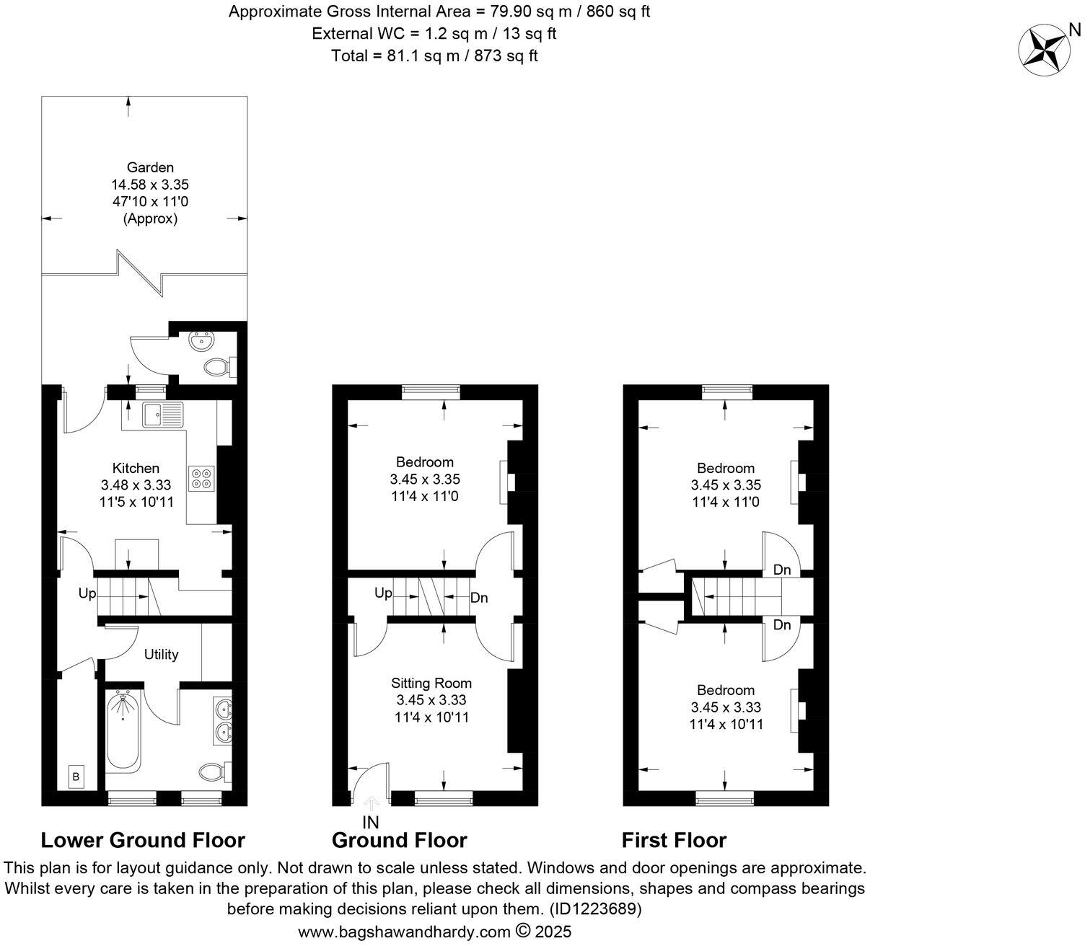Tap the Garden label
click(x=150, y=167)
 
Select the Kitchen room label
click(x=136, y=468)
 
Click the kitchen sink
click(x=164, y=416)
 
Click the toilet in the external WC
click(x=217, y=368)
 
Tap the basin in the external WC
click(x=197, y=338)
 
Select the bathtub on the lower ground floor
click(x=123, y=731)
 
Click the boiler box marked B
click(x=76, y=777)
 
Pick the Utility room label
click(x=161, y=654)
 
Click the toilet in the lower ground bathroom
click(x=212, y=772)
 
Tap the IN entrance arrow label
click(x=371, y=821)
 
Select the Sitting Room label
click(x=431, y=683)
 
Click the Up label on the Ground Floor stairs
click(x=383, y=593)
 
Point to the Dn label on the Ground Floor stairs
click(x=479, y=598)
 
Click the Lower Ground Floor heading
click(x=143, y=840)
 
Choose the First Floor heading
click(x=674, y=840)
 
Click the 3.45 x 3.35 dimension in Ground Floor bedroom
click(x=425, y=479)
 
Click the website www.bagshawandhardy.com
click(x=404, y=932)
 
